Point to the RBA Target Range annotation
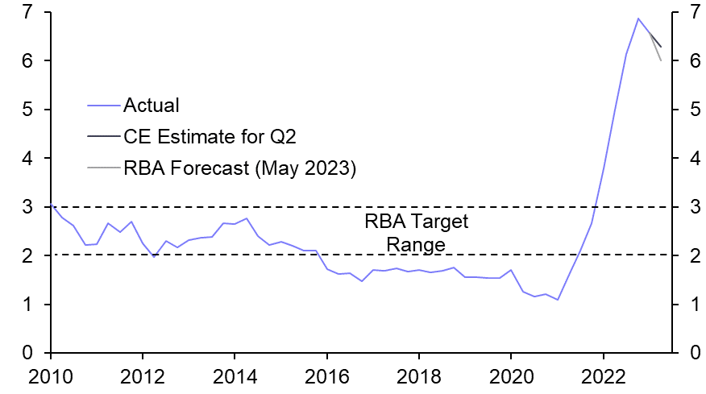pyautogui.click(x=416, y=232)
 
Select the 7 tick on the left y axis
pyautogui.click(x=28, y=13)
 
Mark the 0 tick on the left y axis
pyautogui.click(x=28, y=354)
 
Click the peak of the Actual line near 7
pyautogui.click(x=638, y=19)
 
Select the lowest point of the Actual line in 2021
pyautogui.click(x=558, y=300)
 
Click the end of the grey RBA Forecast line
pyautogui.click(x=662, y=60)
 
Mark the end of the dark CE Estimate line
pyautogui.click(x=662, y=47)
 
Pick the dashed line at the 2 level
pyautogui.click(x=242, y=255)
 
